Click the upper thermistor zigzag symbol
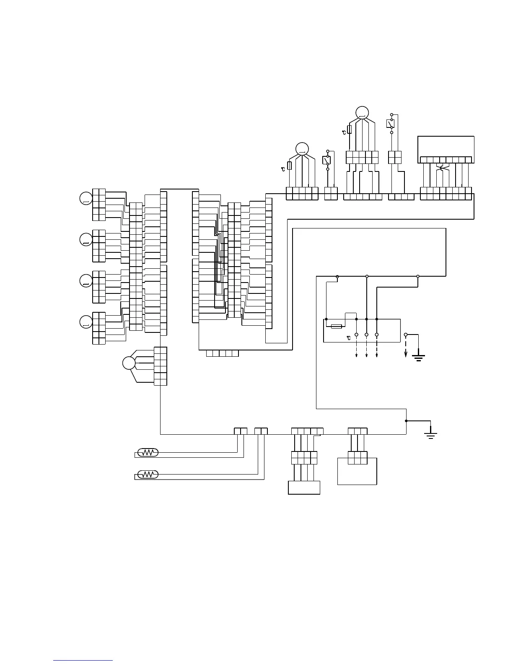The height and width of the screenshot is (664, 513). coord(148,453)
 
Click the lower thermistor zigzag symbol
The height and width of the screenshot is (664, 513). coord(148,475)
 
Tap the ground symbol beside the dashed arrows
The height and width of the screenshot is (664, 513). coord(418,357)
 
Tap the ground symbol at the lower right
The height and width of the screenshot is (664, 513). coord(431,435)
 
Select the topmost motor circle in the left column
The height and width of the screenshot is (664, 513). coord(85,198)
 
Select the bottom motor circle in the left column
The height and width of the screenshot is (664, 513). coord(85,322)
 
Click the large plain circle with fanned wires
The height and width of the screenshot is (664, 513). coord(129,363)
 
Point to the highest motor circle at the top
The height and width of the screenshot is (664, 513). coord(362,112)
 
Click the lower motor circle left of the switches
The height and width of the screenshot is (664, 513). coord(302,149)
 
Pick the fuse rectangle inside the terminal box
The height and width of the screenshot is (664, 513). coord(337,326)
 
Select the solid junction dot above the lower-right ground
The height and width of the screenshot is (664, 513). coord(406,421)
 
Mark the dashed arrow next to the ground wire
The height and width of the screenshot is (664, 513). coord(405,347)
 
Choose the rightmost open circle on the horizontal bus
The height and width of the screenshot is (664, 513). coord(418,276)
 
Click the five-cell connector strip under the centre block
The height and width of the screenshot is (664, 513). coord(223,353)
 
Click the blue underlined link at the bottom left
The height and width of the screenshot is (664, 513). coord(83,660)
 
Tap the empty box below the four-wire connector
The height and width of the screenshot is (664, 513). coord(304,488)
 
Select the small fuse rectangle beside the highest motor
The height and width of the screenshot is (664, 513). coord(350,129)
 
